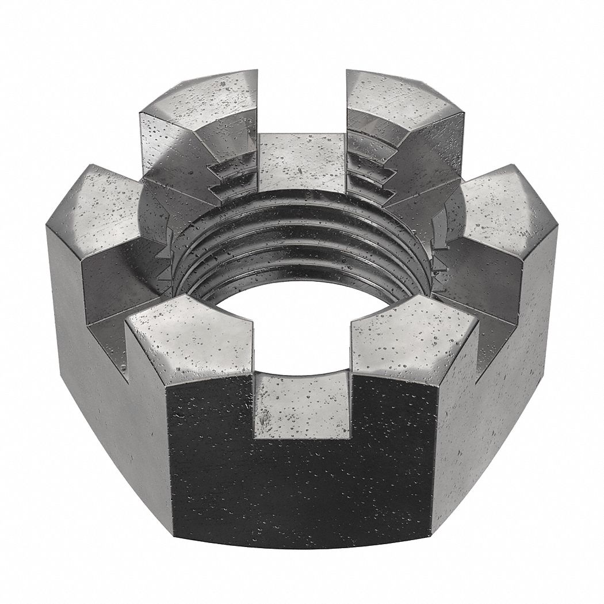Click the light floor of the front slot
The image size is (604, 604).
(302, 403)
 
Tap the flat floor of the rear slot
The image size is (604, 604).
(302, 161)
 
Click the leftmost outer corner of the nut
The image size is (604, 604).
(47, 227)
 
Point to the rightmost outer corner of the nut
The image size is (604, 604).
(557, 227)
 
